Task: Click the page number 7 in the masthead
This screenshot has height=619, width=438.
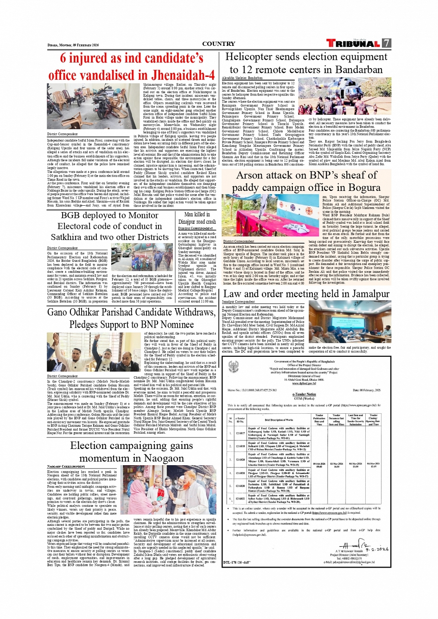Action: click(x=386, y=43)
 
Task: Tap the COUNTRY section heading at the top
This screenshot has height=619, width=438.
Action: click(x=218, y=44)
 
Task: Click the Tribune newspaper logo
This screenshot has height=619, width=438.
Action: click(x=353, y=44)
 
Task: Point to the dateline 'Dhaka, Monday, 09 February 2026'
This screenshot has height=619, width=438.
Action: click(x=73, y=45)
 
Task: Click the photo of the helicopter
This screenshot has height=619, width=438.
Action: click(x=344, y=96)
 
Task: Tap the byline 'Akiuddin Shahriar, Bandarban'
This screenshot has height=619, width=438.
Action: click(x=242, y=78)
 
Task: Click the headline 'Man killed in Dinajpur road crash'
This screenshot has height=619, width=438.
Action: click(x=197, y=218)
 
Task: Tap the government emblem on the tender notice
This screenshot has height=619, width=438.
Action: click(x=234, y=367)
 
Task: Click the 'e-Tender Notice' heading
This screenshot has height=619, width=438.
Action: click(x=304, y=394)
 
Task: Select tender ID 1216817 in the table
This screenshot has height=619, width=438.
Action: click(x=240, y=434)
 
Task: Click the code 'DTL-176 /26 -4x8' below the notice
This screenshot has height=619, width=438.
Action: click(x=236, y=562)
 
